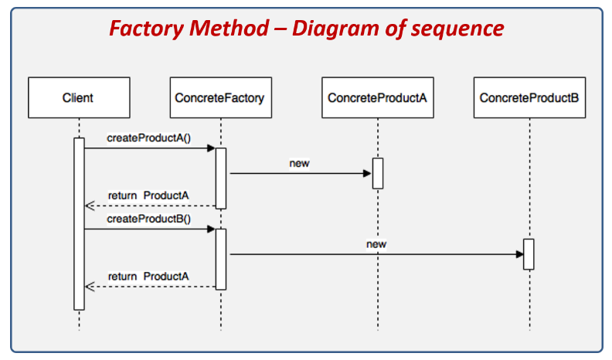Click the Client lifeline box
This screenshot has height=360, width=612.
79,97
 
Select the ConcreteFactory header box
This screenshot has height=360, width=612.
221,97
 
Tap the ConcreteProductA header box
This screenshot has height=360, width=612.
378,97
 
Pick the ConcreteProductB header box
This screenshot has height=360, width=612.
529,97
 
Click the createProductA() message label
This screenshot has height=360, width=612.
148,138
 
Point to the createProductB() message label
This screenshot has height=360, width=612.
148,219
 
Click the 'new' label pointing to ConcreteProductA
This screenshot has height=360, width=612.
299,163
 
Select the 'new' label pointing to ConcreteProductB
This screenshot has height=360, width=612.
376,244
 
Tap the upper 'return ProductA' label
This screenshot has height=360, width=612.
148,195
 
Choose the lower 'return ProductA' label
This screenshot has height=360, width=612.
148,277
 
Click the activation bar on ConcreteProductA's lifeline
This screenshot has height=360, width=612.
378,173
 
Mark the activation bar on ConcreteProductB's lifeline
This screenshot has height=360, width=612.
529,254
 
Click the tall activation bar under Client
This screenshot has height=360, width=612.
80,224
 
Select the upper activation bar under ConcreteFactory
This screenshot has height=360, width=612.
221,178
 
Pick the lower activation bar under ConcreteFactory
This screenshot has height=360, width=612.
221,260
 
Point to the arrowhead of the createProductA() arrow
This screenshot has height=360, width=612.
211,148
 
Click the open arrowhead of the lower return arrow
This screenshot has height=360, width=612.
90,287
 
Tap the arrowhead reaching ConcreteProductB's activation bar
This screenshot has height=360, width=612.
519,254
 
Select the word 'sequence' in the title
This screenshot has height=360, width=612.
457,29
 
